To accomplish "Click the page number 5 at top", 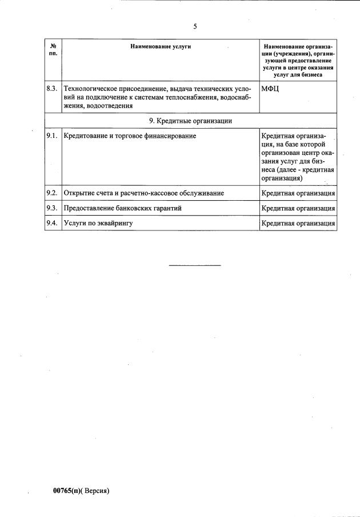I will [x=195, y=26].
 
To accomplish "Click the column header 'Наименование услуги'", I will [x=160, y=46].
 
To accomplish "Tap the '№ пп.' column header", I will [x=53, y=49].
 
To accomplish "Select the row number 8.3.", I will [x=52, y=89].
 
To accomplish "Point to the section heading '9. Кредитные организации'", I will [x=190, y=121].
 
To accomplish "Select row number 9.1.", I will [x=52, y=136].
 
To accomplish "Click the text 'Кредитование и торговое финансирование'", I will [x=130, y=136].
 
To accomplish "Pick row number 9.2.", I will [x=52, y=193].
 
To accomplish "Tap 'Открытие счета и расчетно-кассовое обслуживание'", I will [x=143, y=193].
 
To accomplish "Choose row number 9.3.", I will [x=52, y=208].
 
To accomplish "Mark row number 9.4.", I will [x=52, y=223].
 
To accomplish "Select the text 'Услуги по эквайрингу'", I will [x=98, y=223].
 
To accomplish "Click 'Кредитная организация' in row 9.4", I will [x=298, y=223].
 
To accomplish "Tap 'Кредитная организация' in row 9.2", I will [x=298, y=193].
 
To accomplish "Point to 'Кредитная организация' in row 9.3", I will [x=298, y=208].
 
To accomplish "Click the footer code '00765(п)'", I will [x=68, y=491].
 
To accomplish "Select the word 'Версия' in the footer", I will [x=96, y=491].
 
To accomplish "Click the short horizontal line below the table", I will [x=195, y=265].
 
